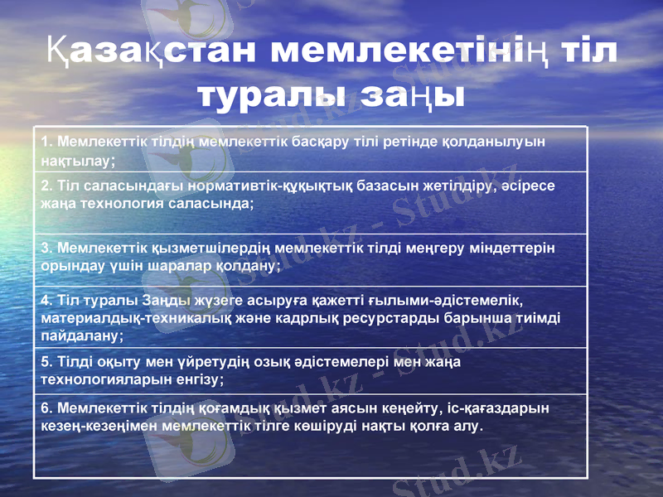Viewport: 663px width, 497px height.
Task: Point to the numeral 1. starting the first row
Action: pos(46,141)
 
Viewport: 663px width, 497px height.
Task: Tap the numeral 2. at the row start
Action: pos(46,186)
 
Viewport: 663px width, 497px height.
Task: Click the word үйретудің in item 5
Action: pos(190,361)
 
